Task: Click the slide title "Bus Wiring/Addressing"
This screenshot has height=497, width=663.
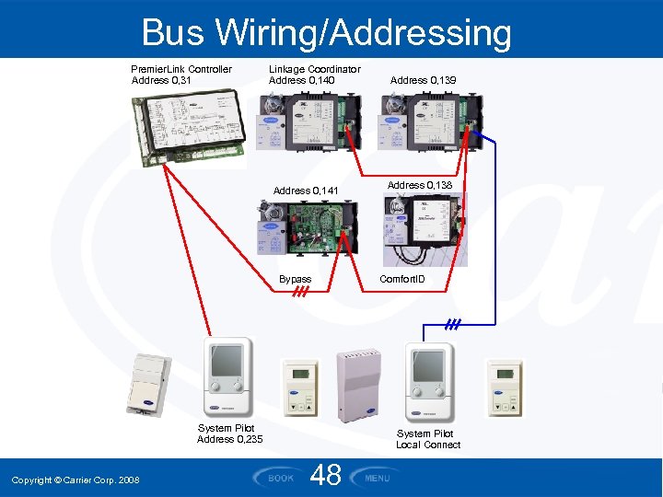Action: pyautogui.click(x=326, y=33)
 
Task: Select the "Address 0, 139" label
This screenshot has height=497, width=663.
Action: pyautogui.click(x=423, y=81)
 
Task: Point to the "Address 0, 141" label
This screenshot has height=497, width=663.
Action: pyautogui.click(x=306, y=191)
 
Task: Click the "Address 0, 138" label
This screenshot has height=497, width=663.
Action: pyautogui.click(x=420, y=185)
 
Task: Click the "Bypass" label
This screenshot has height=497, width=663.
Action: pyautogui.click(x=296, y=279)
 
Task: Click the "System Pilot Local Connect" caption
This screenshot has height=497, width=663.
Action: pyautogui.click(x=428, y=439)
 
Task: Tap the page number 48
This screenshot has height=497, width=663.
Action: pyautogui.click(x=326, y=476)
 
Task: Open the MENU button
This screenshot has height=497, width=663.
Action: pyautogui.click(x=376, y=477)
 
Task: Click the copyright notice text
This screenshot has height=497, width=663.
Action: pyautogui.click(x=76, y=480)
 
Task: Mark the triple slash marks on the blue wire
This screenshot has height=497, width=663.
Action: pyautogui.click(x=452, y=324)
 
